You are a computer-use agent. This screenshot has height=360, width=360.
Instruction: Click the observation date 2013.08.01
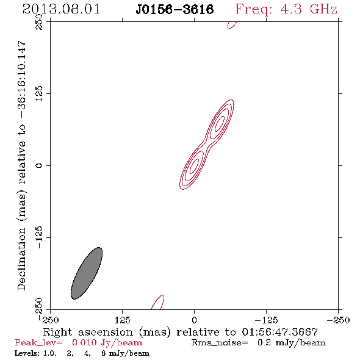tap(61, 9)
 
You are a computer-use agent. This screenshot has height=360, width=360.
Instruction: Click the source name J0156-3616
tap(175, 10)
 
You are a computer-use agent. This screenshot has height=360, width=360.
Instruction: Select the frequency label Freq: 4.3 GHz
tap(286, 9)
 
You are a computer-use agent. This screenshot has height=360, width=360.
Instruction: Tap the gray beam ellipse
tap(87, 273)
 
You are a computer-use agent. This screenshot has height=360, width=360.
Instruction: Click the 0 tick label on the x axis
tap(194, 320)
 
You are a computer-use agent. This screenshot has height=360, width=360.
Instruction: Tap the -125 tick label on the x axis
tap(266, 320)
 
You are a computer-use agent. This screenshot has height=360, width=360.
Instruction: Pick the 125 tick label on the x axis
tap(123, 320)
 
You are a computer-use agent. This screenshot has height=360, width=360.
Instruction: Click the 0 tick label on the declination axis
tap(39, 165)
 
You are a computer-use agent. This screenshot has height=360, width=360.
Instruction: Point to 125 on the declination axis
tap(39, 93)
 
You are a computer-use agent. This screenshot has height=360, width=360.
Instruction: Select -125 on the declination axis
tap(39, 237)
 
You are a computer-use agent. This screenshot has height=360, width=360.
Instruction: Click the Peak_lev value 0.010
tap(84, 342)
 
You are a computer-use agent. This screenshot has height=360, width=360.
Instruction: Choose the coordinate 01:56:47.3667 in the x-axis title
tap(280, 332)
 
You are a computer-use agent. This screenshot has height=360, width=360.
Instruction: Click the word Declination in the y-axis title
tap(21, 259)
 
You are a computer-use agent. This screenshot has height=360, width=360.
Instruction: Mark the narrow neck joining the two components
tap(206, 145)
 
